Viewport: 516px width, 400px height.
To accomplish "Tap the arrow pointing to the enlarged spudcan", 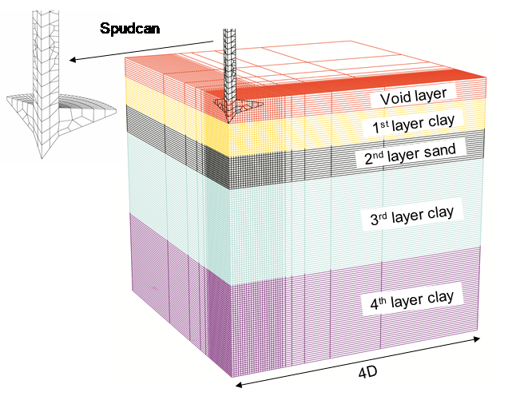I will [x=144, y=50].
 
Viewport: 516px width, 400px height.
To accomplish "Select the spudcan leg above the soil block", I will [x=230, y=56].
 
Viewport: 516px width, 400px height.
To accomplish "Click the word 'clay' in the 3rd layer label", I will [x=440, y=213].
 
